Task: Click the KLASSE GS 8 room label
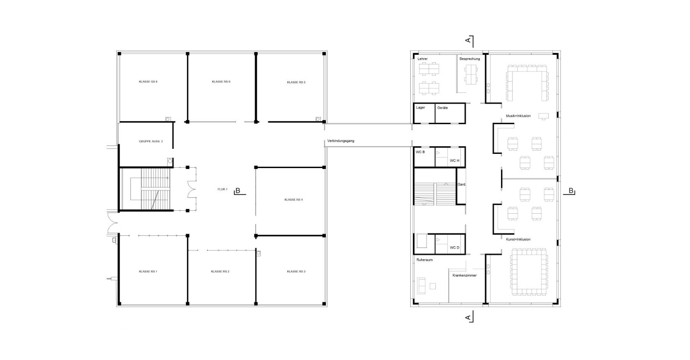pos(148,82)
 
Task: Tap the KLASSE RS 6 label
pos(221,82)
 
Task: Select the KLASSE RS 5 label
pos(296,82)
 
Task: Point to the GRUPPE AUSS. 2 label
pos(151,141)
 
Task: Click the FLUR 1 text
pos(222,189)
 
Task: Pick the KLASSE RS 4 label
pos(294,199)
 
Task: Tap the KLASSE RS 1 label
pos(148,271)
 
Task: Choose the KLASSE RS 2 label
pos(220,271)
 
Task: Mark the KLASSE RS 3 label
pos(296,271)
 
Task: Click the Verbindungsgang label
pos(341,141)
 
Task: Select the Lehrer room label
pos(423,59)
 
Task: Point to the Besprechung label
pos(470,59)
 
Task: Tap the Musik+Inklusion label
pos(519,116)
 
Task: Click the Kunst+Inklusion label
pos(518,239)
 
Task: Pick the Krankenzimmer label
pos(465,275)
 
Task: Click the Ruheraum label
pos(424,260)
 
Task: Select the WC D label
pos(455,248)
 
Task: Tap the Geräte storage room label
pos(443,108)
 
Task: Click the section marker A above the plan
pos(468,40)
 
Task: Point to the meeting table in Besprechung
pos(471,74)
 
